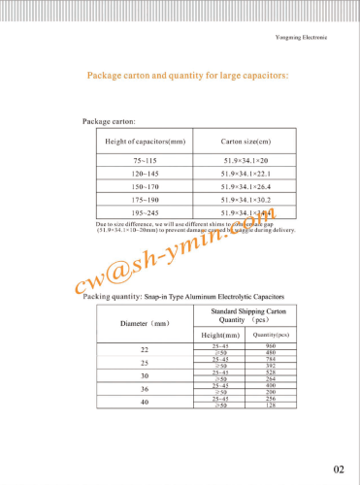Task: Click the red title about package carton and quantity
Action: click(187, 75)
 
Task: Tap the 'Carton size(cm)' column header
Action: click(244, 142)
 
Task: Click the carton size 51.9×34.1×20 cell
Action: click(244, 159)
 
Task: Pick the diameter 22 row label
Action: click(145, 348)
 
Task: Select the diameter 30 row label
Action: click(145, 375)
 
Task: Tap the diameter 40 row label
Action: click(145, 402)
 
